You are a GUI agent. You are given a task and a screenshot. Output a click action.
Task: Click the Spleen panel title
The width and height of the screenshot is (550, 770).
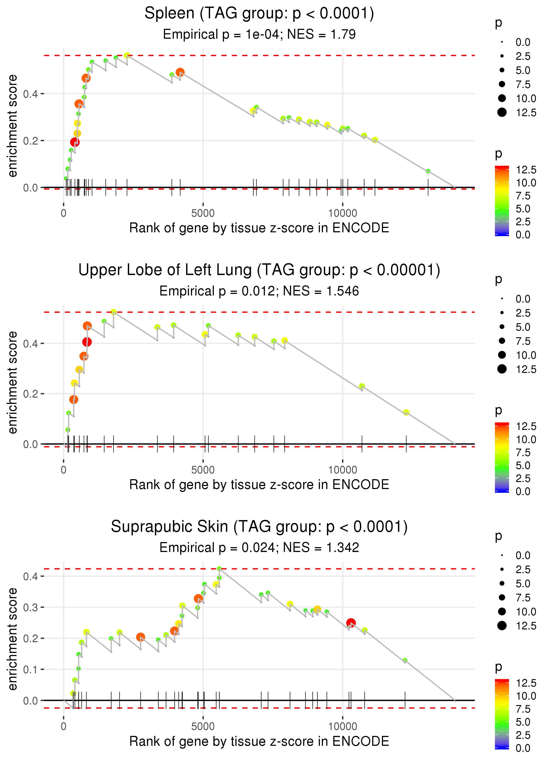tap(259, 14)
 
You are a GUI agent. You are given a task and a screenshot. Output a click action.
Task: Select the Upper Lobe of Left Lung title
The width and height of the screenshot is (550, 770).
tap(259, 270)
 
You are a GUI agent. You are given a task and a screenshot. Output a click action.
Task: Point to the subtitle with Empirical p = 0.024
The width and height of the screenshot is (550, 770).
tap(259, 548)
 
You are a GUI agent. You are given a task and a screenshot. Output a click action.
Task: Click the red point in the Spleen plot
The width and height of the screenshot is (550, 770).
tap(75, 142)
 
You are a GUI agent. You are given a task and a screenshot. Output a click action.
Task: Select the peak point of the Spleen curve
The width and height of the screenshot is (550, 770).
tap(127, 55)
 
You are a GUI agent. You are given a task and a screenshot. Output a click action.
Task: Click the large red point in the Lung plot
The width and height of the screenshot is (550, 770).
tap(87, 342)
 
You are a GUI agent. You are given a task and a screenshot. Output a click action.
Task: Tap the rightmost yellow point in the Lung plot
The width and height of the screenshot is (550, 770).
tap(406, 412)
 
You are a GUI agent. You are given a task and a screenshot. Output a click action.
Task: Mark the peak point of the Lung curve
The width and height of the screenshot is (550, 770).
tap(114, 312)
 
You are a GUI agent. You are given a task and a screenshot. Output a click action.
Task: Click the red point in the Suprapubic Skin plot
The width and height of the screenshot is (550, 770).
tap(351, 623)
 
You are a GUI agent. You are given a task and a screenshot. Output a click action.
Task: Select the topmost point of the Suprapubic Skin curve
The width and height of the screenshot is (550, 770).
tap(219, 569)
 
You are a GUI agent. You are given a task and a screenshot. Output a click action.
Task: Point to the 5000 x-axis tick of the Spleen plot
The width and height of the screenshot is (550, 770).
tap(203, 213)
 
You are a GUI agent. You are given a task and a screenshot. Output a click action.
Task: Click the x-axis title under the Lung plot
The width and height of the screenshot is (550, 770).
tap(259, 485)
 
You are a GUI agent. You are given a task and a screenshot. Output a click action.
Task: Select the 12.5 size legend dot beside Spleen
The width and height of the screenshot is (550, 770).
tap(502, 112)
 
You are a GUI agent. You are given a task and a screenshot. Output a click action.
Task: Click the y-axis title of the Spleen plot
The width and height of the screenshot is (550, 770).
tap(13, 126)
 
